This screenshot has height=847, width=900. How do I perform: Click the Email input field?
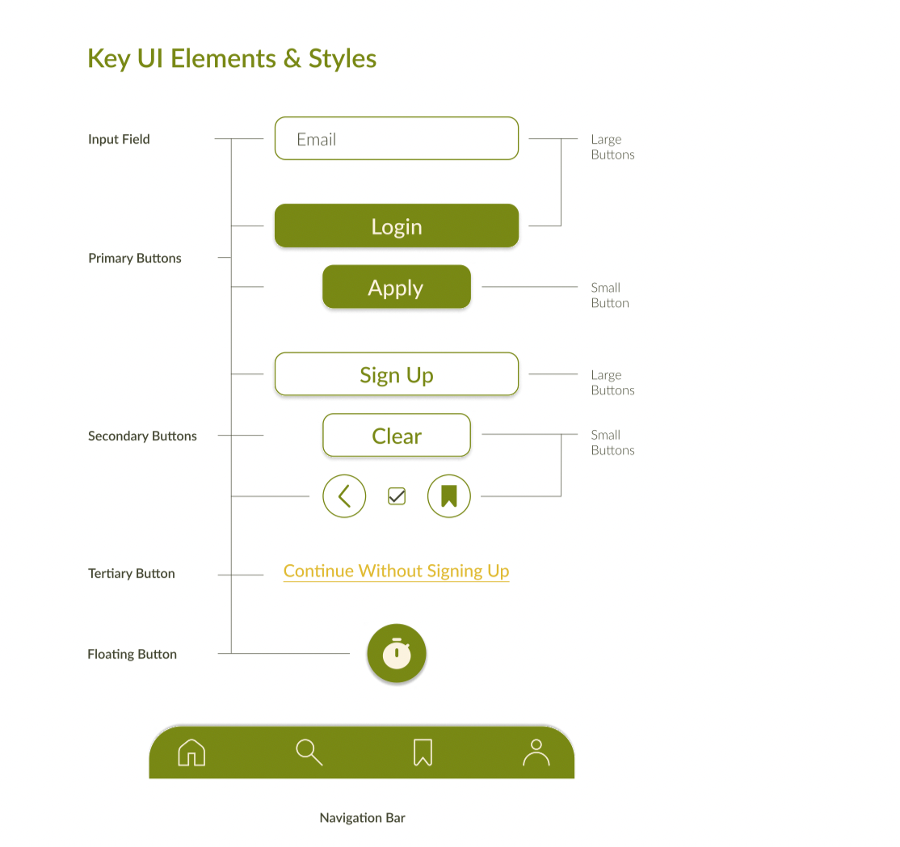396,138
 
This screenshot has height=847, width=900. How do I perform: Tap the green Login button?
396,225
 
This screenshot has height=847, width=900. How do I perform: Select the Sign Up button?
396,374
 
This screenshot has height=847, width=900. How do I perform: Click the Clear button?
396,436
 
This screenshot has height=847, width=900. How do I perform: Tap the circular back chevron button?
344,496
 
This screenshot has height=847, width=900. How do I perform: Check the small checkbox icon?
397,496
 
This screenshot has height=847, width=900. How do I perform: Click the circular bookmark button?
449,496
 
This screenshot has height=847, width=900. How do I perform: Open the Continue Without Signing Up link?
396,571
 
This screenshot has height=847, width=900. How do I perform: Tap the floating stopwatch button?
397,653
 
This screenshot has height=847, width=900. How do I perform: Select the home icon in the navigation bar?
191,752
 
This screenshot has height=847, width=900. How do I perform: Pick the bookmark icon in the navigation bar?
423,752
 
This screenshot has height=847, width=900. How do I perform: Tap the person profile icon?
536,752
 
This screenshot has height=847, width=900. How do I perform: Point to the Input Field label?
119,139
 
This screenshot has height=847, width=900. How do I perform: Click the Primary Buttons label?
135,259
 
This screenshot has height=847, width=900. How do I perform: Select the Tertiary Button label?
132,574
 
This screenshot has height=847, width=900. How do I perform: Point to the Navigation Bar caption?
362,818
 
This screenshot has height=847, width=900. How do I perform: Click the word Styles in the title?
343,59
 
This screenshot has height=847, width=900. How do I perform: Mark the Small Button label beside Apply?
609,295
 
